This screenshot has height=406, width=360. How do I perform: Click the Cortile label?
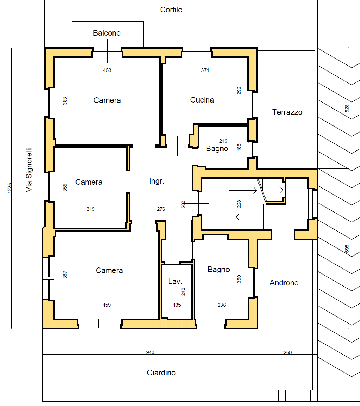click(x=171, y=10)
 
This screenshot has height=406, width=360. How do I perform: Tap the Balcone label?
click(x=107, y=33)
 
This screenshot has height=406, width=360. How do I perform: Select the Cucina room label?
click(x=202, y=100)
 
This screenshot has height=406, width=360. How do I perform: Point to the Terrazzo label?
click(x=287, y=112)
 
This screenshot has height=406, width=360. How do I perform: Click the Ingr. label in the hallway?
click(x=157, y=181)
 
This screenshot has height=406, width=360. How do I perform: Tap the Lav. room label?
click(x=175, y=282)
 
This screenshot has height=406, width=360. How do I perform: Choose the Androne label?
click(x=284, y=283)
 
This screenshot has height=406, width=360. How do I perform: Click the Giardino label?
click(x=161, y=373)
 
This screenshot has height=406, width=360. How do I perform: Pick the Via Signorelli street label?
click(x=29, y=170)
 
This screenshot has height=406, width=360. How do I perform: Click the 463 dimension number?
click(x=107, y=70)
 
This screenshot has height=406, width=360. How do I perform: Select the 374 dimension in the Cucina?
click(x=205, y=70)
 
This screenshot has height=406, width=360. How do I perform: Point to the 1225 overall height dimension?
click(x=10, y=188)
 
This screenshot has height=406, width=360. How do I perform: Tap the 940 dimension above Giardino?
click(x=150, y=352)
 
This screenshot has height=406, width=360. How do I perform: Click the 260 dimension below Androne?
click(x=287, y=352)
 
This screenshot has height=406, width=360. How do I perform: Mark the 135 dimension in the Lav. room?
click(x=177, y=305)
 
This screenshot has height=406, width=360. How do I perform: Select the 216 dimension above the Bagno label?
click(x=223, y=141)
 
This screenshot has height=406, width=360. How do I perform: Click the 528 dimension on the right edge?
click(x=347, y=108)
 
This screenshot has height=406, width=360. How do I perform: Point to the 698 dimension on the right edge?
click(x=347, y=249)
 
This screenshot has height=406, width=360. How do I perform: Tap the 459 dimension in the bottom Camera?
click(x=107, y=305)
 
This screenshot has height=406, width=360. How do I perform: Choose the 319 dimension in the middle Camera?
click(x=91, y=209)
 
